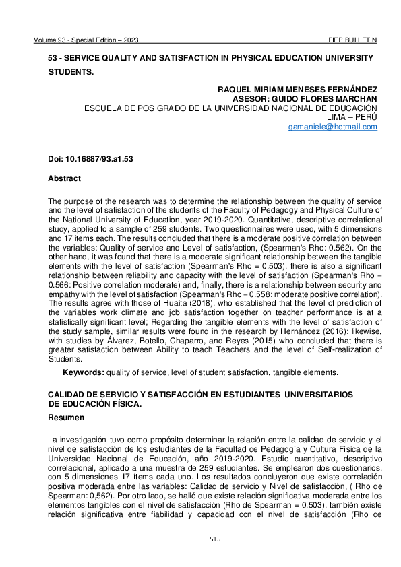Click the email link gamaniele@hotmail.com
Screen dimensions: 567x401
pyautogui.click(x=332, y=127)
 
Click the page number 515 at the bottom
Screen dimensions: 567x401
pyautogui.click(x=215, y=539)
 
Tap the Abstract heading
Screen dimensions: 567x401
pyautogui.click(x=64, y=178)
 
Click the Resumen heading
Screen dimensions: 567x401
pyautogui.click(x=66, y=418)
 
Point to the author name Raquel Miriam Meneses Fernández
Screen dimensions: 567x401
pyautogui.click(x=297, y=90)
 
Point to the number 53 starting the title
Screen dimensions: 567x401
pyautogui.click(x=53, y=59)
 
